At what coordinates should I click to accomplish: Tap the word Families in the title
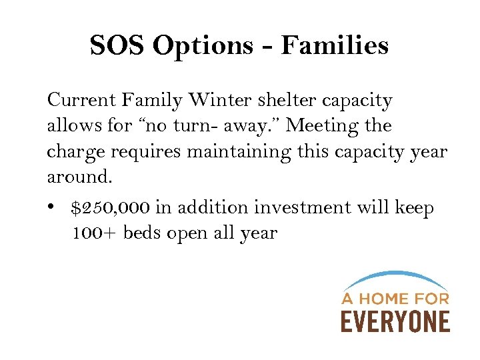point(335,45)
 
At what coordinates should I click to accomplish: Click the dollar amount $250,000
point(110,208)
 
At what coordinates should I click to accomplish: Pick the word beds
point(141,234)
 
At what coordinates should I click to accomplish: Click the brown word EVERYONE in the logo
point(395,321)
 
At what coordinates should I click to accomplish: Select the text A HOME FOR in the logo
point(395,298)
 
